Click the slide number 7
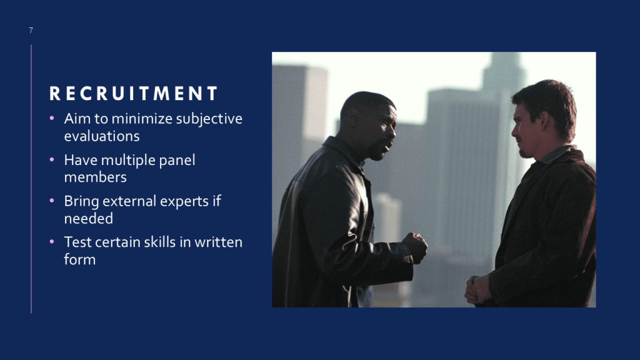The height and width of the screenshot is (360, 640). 31,30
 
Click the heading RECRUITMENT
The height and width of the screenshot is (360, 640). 134,94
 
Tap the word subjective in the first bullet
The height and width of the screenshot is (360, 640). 209,119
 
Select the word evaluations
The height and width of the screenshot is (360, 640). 102,136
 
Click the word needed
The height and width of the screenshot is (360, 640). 89,218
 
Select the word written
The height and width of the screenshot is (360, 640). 218,242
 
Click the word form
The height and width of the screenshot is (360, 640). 79,259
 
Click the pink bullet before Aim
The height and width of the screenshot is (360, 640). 52,118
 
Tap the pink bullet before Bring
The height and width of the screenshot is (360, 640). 52,201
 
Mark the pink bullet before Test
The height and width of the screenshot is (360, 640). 52,242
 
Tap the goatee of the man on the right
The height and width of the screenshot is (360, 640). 524,154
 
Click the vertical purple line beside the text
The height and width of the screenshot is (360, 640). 31,179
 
